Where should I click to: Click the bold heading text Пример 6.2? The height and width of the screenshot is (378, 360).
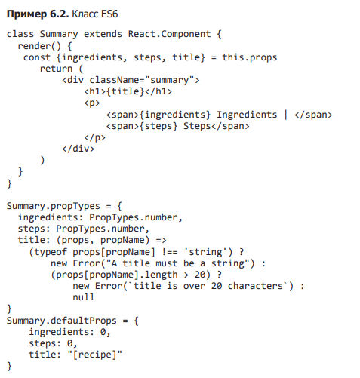[x=38, y=14]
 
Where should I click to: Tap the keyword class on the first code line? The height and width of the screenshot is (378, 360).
[x=20, y=34]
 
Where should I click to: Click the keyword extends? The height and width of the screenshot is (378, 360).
[x=103, y=34]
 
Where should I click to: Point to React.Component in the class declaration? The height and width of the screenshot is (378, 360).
[x=169, y=34]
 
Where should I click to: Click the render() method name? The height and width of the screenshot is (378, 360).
[x=39, y=46]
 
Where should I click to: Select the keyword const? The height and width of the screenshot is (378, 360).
[x=37, y=57]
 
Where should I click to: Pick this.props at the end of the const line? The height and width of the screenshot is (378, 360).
[x=250, y=57]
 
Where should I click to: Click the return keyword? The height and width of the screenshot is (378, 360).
[x=56, y=69]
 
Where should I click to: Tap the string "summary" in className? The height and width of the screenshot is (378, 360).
[x=170, y=80]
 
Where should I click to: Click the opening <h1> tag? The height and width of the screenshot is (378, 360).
[x=95, y=91]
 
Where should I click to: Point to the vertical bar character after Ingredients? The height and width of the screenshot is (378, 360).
[x=285, y=115]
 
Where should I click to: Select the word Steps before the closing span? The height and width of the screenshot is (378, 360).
[x=197, y=126]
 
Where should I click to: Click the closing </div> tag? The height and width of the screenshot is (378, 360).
[x=78, y=149]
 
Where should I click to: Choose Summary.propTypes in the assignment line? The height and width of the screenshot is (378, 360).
[x=54, y=206]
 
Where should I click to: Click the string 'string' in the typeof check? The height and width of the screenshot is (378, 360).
[x=205, y=252]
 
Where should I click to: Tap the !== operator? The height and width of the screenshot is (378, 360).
[x=170, y=252]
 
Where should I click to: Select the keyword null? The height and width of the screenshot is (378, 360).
[x=84, y=297]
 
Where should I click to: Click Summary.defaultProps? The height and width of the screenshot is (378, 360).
[x=62, y=321]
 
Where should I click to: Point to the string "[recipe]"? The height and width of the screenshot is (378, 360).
[x=95, y=355]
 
